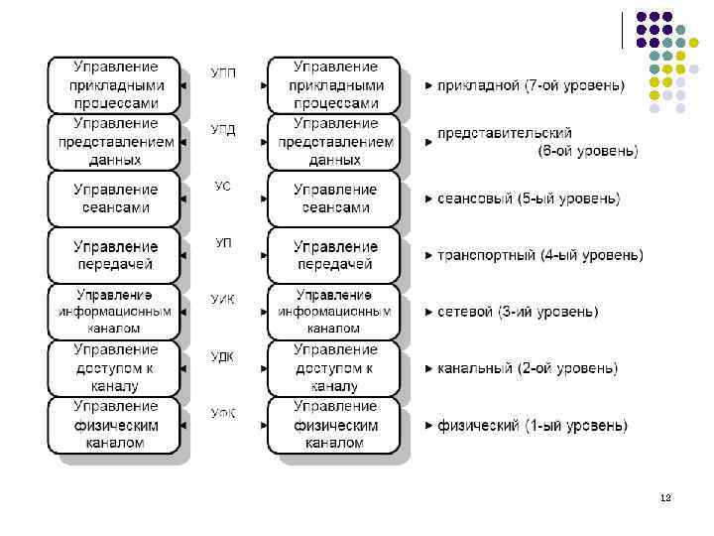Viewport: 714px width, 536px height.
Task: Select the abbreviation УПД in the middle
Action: click(x=223, y=129)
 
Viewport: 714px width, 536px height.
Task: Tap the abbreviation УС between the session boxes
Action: click(x=223, y=187)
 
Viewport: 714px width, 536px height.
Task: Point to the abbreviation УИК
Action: click(x=223, y=300)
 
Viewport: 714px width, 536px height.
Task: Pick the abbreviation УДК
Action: click(x=223, y=357)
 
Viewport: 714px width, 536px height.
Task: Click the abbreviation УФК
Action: click(x=223, y=413)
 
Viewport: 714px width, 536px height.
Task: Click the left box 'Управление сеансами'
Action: click(x=115, y=199)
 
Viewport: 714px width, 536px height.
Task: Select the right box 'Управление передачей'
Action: click(x=336, y=255)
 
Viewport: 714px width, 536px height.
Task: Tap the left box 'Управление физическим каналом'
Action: click(x=115, y=425)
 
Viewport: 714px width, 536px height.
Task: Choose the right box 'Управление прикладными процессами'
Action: click(x=336, y=85)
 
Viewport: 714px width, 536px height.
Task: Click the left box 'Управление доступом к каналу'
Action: click(x=115, y=368)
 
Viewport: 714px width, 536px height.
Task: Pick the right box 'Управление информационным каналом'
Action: click(x=336, y=312)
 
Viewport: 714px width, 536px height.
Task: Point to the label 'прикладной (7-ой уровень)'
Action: click(x=531, y=86)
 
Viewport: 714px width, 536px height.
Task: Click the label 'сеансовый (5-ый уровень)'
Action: click(x=529, y=200)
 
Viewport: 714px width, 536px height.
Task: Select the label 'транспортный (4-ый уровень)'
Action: click(x=540, y=256)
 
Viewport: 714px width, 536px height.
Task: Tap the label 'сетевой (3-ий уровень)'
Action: click(x=518, y=312)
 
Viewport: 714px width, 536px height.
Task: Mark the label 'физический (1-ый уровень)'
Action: click(x=533, y=426)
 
